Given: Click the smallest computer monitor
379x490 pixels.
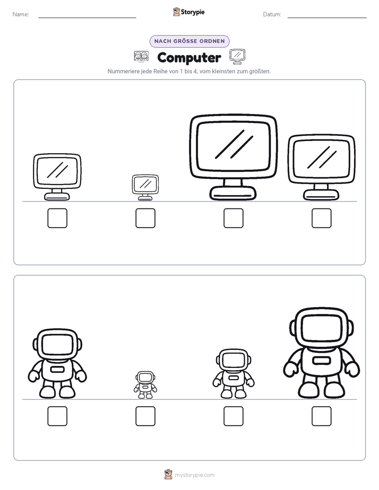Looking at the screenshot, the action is (145, 187).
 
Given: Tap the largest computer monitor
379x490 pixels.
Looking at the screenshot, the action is (233, 157).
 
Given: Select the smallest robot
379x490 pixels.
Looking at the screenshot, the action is (145, 384).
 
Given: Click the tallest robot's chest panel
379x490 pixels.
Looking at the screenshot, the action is (322, 360).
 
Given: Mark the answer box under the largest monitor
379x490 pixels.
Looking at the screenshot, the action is (233, 218).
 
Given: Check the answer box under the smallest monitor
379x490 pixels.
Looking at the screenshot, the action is (145, 218).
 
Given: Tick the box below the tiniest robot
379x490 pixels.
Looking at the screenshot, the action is (145, 416).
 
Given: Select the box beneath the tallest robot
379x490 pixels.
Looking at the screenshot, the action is (322, 416).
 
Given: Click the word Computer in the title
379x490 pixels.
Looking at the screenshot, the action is (189, 58).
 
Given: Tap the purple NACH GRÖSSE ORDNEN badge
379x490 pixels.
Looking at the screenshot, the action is (189, 41).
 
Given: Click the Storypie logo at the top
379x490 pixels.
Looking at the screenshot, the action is (189, 12).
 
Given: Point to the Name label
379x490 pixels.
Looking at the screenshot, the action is (21, 14).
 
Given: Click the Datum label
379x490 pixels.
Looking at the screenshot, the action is (272, 14).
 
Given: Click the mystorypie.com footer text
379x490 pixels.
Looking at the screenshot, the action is (194, 475).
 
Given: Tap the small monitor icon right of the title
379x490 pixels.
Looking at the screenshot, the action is (237, 56).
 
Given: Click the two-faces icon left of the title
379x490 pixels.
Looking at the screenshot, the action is (141, 57).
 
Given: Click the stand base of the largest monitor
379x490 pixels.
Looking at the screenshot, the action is (233, 193).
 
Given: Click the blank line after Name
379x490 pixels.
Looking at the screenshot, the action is (87, 17).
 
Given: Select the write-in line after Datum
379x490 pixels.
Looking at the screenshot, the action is (327, 17).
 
